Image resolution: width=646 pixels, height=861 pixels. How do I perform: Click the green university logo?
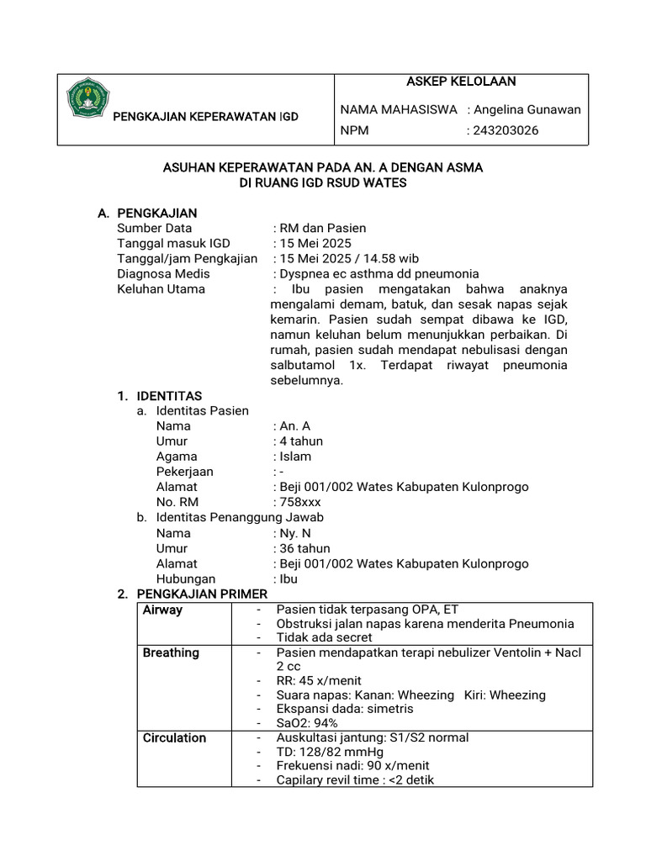(87, 100)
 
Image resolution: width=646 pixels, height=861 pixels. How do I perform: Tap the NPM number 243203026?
(506, 130)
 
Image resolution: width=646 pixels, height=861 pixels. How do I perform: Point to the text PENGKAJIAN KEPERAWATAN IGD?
(206, 116)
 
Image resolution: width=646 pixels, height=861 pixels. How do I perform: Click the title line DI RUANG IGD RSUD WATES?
(322, 182)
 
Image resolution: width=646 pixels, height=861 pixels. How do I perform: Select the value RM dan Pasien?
(323, 228)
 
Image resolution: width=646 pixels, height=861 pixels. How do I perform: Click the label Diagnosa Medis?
(163, 273)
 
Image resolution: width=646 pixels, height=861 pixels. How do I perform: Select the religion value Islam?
(294, 456)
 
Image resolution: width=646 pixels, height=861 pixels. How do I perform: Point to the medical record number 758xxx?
(300, 502)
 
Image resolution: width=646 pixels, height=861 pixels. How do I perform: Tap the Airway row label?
(162, 610)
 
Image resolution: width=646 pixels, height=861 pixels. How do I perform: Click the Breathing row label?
(171, 652)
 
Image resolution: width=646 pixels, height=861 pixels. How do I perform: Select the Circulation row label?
(174, 737)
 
